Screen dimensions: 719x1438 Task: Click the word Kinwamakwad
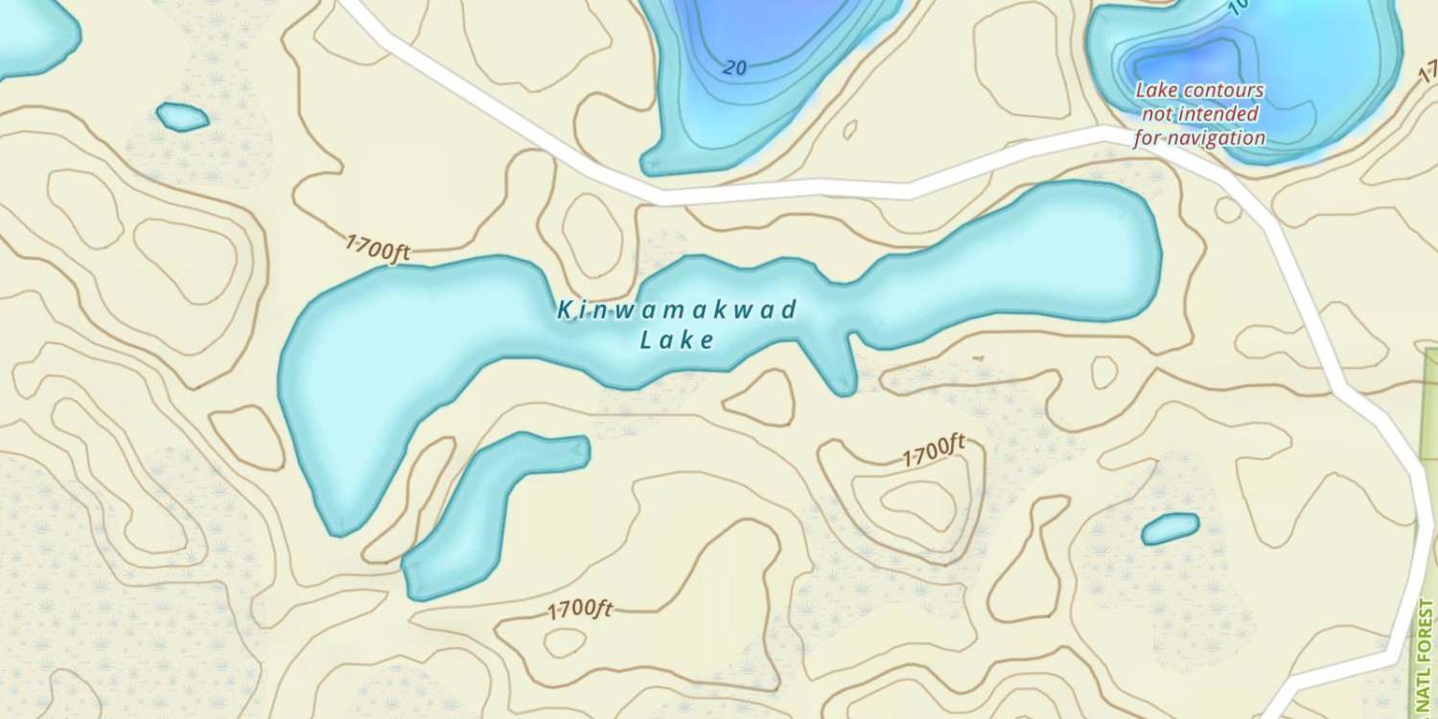[677, 310]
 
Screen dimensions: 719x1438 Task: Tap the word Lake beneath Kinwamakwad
[677, 339]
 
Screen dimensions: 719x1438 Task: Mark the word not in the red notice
[1157, 114]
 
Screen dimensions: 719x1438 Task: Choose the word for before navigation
[1148, 138]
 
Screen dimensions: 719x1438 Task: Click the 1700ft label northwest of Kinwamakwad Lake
[378, 248]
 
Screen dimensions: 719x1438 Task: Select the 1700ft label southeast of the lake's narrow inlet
[933, 451]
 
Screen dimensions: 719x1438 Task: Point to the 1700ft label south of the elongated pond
[580, 610]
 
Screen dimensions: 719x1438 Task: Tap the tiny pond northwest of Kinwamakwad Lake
[182, 117]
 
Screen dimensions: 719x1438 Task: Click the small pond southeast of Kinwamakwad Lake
[1170, 528]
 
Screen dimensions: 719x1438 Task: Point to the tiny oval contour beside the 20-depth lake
[848, 128]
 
